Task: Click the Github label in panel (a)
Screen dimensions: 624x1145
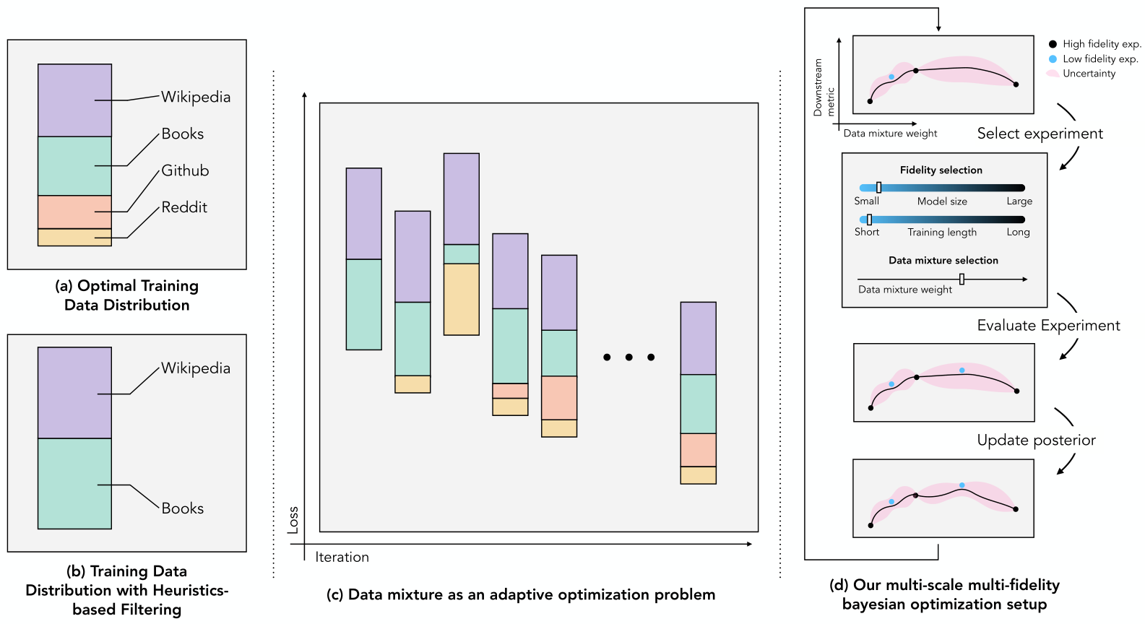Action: [185, 170]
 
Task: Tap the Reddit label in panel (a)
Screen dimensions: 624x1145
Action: [184, 207]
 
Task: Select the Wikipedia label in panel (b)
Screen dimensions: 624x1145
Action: [195, 368]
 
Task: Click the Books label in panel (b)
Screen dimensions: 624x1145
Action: [182, 508]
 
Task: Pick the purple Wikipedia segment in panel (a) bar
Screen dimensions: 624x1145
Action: [74, 100]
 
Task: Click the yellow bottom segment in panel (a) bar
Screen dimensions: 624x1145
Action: [74, 238]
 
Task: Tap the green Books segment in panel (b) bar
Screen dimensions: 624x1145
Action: [74, 483]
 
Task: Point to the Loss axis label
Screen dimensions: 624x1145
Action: [293, 520]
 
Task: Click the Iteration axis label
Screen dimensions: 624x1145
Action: [342, 557]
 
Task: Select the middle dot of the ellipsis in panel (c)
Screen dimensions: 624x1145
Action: [629, 357]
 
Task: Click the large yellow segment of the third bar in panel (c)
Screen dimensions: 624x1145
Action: [461, 299]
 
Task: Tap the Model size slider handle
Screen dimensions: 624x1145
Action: [878, 188]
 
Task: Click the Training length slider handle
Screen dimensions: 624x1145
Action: [869, 220]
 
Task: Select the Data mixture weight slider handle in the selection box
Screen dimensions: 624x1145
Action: [962, 279]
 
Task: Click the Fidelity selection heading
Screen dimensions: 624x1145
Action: [941, 170]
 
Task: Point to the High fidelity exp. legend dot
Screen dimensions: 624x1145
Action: [1053, 44]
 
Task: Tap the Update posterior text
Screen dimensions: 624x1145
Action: [1036, 441]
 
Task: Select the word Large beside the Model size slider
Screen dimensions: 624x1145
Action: [1019, 201]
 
